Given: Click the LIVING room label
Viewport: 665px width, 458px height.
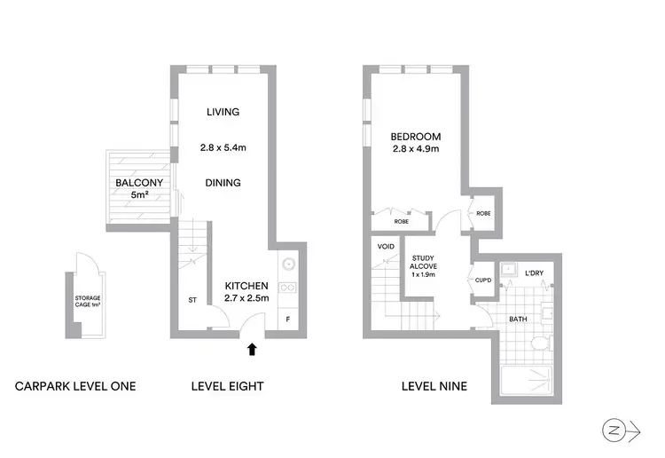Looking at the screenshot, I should (x=223, y=112).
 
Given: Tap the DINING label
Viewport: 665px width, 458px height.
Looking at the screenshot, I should (x=223, y=183).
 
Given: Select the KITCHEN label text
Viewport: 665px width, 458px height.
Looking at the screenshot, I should (x=246, y=285).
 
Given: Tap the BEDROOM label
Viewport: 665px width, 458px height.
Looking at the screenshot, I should (x=416, y=137).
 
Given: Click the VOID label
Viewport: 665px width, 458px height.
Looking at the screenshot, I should (x=386, y=246).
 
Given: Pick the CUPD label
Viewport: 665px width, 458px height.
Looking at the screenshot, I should (x=483, y=280).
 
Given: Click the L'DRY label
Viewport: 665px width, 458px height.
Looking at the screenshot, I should (x=534, y=272).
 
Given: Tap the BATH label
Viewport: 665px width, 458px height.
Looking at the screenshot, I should (x=519, y=319).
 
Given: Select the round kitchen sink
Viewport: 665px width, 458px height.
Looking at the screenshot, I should (x=288, y=265).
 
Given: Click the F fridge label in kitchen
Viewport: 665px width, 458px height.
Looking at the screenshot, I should (x=288, y=318).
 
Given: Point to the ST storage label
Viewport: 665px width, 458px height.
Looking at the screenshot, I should (x=192, y=300).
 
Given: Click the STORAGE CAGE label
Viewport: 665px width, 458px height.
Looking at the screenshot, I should (x=87, y=301).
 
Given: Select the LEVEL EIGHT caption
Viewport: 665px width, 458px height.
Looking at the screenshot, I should (x=227, y=386).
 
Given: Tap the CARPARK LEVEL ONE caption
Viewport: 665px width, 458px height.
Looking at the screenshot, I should (x=75, y=386).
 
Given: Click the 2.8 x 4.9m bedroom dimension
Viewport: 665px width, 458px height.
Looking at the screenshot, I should (x=416, y=149).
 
